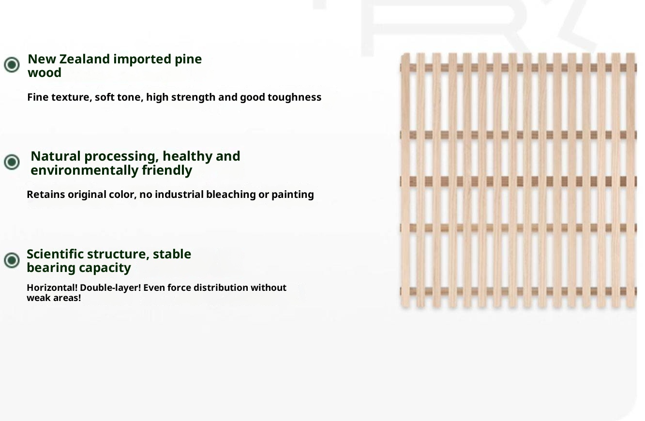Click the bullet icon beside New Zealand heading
(12, 64)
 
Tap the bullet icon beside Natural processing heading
(12, 162)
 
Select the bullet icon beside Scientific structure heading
(12, 260)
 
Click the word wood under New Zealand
(45, 73)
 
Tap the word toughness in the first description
(294, 97)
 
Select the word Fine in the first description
(38, 97)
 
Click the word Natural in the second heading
(56, 156)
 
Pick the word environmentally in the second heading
(85, 170)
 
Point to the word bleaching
(231, 195)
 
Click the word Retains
(46, 195)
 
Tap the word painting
(293, 195)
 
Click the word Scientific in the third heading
(55, 254)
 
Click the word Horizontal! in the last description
(52, 287)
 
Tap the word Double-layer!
(110, 288)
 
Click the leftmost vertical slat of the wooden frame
(405, 180)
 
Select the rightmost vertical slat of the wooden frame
(631, 180)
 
